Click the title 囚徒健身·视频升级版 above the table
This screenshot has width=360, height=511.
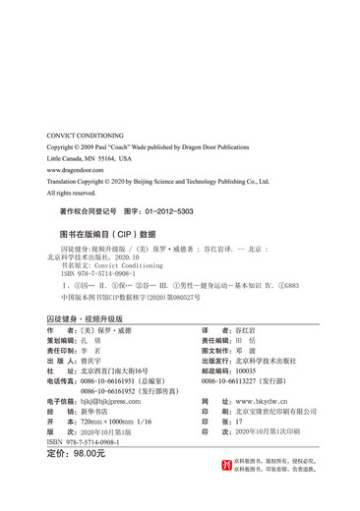click(x=84, y=319)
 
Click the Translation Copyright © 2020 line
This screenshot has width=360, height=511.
click(x=157, y=182)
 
